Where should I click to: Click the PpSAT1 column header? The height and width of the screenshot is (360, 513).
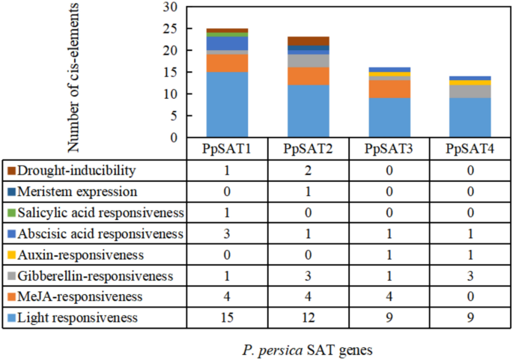(227, 147)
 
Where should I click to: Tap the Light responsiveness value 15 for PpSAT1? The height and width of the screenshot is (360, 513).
(227, 317)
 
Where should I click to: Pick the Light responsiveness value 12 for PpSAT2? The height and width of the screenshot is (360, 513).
(307, 317)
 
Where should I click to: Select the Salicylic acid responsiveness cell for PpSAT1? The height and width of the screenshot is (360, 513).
(227, 213)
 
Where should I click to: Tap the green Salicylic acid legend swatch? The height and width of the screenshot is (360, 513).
(10, 213)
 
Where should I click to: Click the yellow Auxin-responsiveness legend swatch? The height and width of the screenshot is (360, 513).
(10, 254)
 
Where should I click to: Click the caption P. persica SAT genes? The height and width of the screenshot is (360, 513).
(307, 349)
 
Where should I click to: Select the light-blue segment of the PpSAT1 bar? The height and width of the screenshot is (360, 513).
(227, 105)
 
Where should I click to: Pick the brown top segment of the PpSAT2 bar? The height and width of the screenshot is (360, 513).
(307, 40)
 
